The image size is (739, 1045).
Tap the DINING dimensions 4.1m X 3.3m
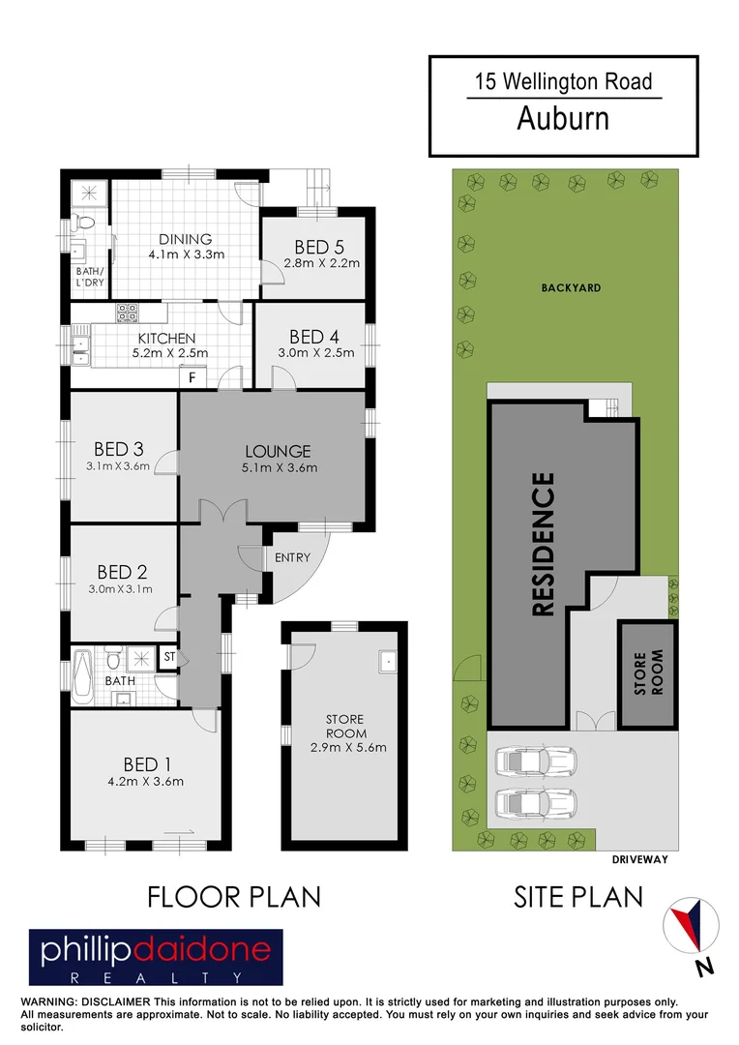186,255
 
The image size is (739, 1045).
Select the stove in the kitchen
128,313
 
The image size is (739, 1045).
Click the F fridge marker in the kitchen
192,376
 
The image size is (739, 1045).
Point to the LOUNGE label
278,451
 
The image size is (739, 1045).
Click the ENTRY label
292,558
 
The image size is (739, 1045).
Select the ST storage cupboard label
169,658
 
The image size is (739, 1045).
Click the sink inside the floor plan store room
388,662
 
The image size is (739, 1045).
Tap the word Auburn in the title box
562,118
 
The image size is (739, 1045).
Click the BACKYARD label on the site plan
571,287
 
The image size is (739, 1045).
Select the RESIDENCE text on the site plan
544,544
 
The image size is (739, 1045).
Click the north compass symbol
693,925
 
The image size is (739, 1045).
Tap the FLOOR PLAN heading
233,897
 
